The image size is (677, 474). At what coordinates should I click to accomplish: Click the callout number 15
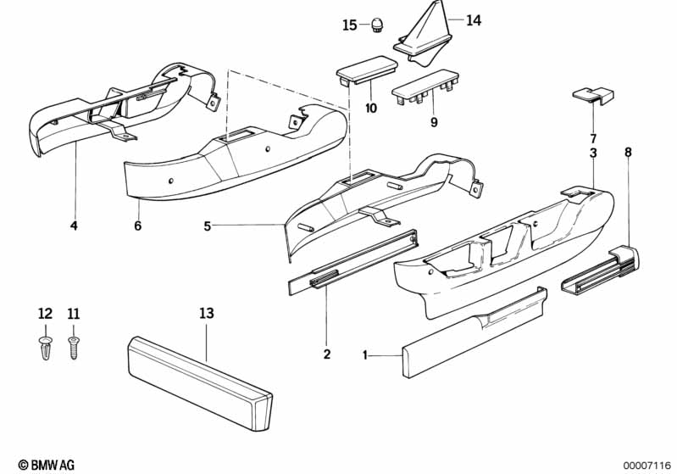click(350, 25)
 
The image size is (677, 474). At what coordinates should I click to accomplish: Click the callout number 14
click(473, 20)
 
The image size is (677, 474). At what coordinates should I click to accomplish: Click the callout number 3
click(593, 153)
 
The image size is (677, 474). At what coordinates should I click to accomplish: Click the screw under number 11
click(73, 346)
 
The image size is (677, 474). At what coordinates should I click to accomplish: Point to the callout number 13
click(207, 314)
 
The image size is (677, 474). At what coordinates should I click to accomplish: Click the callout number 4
click(74, 226)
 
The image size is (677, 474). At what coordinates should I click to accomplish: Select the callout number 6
click(137, 226)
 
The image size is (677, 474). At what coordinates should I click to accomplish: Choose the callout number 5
click(208, 226)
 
